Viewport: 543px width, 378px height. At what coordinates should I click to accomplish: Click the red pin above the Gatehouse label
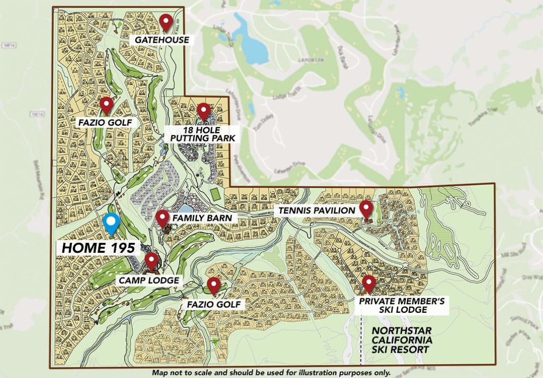(x=166, y=21)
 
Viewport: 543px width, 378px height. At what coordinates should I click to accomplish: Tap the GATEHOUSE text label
(x=161, y=40)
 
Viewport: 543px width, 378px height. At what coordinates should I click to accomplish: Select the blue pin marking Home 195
(x=111, y=223)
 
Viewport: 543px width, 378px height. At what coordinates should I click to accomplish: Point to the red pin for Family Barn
(x=162, y=218)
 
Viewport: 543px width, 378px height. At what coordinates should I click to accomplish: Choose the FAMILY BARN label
(x=202, y=218)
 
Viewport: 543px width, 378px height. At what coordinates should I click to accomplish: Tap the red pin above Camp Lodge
(x=151, y=260)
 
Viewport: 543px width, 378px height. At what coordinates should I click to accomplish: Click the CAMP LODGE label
(x=149, y=280)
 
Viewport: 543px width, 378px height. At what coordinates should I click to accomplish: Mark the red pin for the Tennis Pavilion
(x=366, y=208)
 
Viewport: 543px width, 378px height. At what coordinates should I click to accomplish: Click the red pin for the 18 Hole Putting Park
(x=204, y=111)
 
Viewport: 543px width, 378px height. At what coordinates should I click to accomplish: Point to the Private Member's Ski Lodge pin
(x=369, y=283)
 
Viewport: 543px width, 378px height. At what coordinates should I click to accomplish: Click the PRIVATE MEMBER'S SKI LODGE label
(x=402, y=306)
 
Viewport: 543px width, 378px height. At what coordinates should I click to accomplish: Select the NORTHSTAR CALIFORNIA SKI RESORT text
(x=402, y=340)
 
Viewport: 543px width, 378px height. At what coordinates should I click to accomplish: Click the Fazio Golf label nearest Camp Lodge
(x=213, y=304)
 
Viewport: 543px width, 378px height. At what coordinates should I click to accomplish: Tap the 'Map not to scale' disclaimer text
(x=271, y=373)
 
